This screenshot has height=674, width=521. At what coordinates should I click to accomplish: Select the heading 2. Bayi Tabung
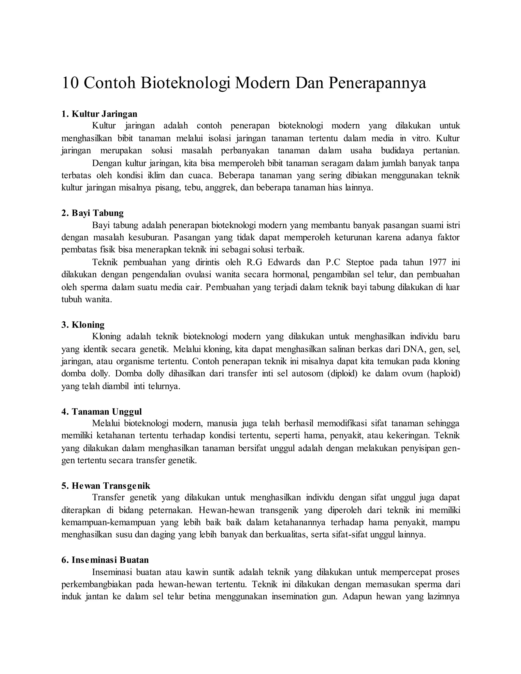click(x=92, y=213)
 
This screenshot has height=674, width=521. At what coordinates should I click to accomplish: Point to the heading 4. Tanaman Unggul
click(x=101, y=412)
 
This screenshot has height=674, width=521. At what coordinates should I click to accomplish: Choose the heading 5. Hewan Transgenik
click(x=106, y=486)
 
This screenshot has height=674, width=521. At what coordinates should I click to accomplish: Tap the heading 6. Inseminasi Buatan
click(x=105, y=560)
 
